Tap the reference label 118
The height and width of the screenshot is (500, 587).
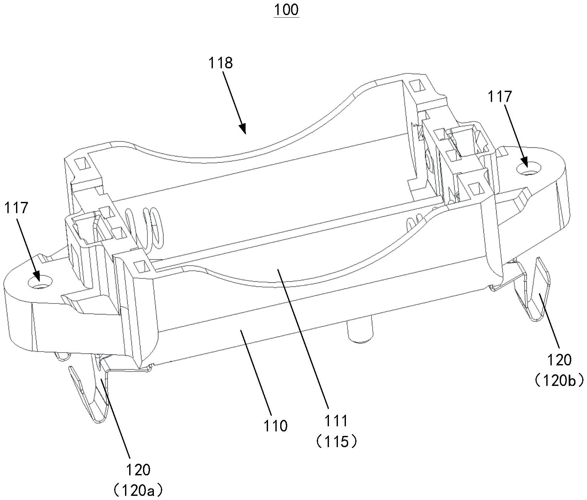220,63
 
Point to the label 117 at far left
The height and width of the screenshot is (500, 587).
16,208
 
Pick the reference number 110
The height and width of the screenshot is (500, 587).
275,426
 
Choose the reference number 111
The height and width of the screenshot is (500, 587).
336,421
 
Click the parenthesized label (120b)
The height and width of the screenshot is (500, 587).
559,380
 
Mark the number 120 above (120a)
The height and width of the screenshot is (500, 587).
138,470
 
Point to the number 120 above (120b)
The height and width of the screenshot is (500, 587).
559,360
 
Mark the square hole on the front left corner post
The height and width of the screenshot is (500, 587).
140,265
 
